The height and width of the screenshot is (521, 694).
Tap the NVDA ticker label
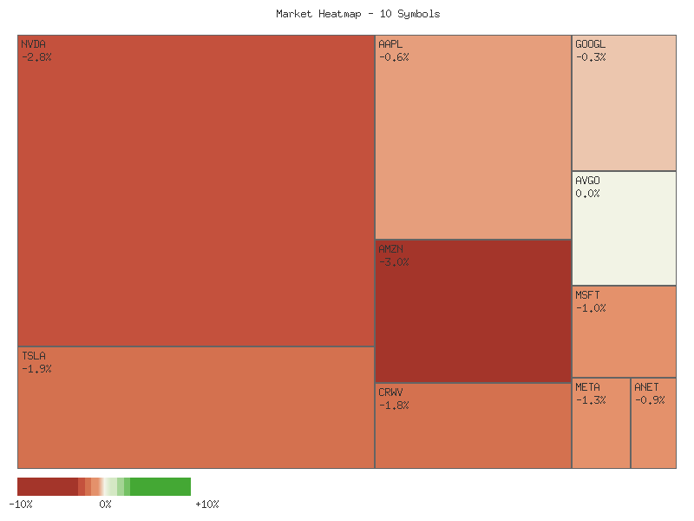(33, 44)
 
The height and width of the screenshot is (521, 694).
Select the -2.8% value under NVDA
(36, 57)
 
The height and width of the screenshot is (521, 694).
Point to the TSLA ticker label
(33, 356)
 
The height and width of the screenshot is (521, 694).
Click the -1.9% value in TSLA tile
(36, 369)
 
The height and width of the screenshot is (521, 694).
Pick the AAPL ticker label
(390, 44)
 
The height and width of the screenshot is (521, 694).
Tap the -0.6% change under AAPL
(394, 57)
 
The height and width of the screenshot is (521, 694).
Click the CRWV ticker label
(390, 392)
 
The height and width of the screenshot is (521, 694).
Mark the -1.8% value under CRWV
(394, 406)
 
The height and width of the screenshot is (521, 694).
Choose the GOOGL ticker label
(591, 44)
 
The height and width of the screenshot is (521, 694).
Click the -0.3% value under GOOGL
(591, 57)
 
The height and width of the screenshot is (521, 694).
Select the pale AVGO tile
(624, 234)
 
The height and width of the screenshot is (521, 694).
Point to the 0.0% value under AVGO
(587, 194)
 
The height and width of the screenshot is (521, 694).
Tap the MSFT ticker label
(587, 295)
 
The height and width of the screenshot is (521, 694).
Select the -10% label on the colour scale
(21, 505)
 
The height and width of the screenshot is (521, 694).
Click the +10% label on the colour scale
(207, 505)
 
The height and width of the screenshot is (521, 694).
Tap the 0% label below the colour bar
(105, 505)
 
